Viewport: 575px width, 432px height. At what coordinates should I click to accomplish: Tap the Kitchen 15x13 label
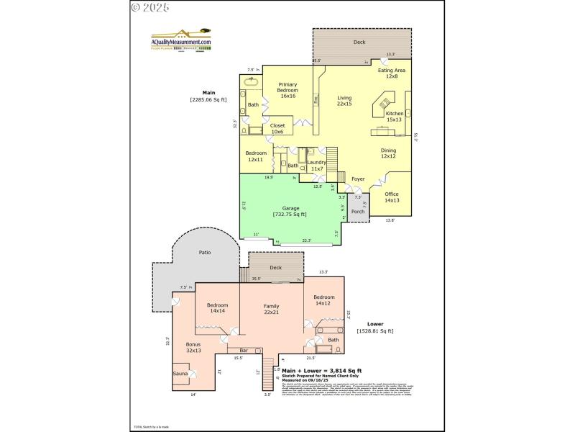click(395, 117)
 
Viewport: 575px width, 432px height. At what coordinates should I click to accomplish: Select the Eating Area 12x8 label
click(392, 73)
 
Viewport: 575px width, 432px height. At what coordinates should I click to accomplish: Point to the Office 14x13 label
click(391, 197)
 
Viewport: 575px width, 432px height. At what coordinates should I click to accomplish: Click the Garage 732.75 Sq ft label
click(290, 211)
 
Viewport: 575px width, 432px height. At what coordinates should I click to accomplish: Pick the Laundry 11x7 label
click(316, 165)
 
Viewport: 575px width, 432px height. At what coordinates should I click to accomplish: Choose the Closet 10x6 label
click(277, 128)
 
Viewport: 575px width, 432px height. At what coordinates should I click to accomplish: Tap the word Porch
click(358, 212)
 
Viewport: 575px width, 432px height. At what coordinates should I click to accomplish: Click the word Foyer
click(357, 179)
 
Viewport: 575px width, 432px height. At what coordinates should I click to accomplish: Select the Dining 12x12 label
click(388, 153)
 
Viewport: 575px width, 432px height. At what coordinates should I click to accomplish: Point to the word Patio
click(204, 253)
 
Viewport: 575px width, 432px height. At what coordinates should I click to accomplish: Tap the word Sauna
click(180, 374)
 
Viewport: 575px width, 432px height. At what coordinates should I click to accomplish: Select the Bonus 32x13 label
click(193, 347)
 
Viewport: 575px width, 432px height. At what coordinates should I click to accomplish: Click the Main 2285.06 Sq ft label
click(208, 96)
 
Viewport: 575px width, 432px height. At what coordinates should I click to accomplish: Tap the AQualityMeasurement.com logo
click(180, 40)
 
